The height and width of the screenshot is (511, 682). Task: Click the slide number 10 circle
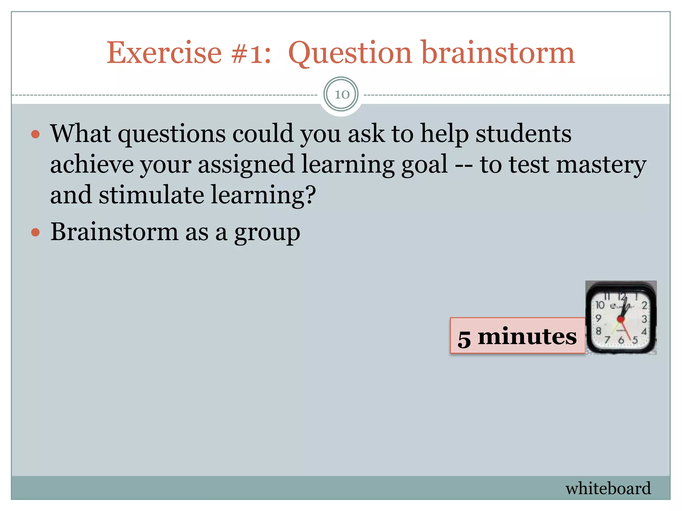click(341, 94)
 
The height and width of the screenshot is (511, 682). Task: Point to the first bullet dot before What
click(35, 134)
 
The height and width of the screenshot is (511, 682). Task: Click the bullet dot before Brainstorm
click(35, 232)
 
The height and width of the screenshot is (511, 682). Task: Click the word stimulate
click(151, 195)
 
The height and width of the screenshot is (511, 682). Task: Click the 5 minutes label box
click(517, 336)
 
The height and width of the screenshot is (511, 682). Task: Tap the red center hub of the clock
click(620, 319)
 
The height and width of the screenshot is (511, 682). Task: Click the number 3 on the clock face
click(644, 319)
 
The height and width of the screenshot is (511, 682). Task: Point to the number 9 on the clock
click(598, 318)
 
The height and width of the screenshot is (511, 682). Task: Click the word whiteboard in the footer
click(608, 488)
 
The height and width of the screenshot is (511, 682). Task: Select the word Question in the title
click(350, 53)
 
